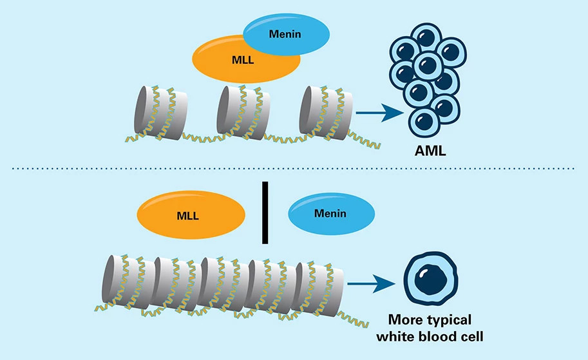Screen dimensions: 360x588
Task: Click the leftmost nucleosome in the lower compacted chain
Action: tap(126, 284)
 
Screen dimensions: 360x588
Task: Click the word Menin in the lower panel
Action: tap(330, 214)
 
